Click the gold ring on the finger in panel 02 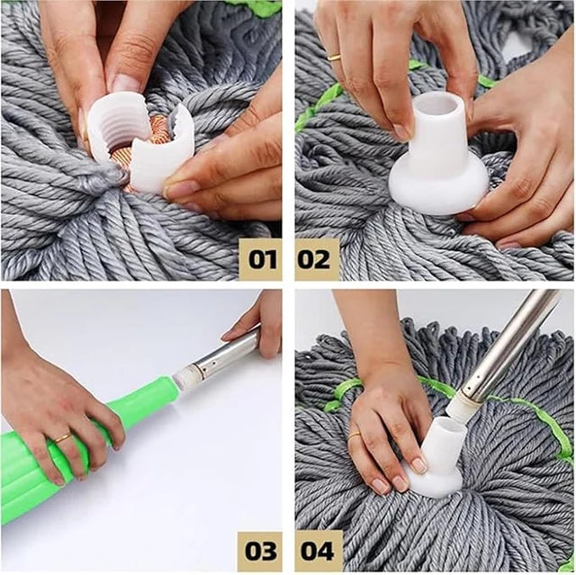334,57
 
